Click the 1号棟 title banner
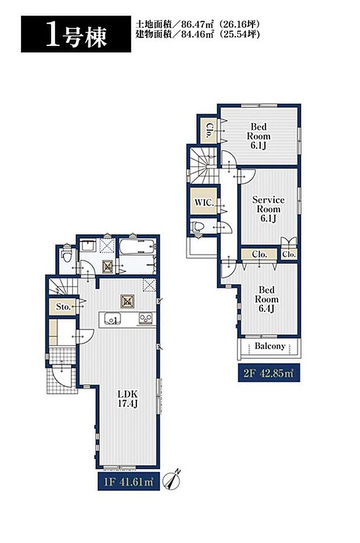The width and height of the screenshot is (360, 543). tap(76, 34)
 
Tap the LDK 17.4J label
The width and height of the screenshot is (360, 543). tap(128, 398)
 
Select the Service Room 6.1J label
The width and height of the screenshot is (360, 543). tap(268, 209)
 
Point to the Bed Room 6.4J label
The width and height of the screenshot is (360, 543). tap(267, 299)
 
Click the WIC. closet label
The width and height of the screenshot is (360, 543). tap(204, 202)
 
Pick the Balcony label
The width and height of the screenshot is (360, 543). tap(270, 346)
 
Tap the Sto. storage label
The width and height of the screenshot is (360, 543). tap(63, 307)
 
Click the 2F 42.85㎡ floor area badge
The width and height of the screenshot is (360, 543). tap(269, 373)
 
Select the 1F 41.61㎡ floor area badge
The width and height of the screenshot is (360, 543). tap(129, 481)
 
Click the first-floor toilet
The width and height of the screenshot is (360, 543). tap(66, 256)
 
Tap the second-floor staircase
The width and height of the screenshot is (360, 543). tap(203, 165)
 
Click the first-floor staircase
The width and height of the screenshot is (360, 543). tap(63, 287)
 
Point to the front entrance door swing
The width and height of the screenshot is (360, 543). tap(64, 376)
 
